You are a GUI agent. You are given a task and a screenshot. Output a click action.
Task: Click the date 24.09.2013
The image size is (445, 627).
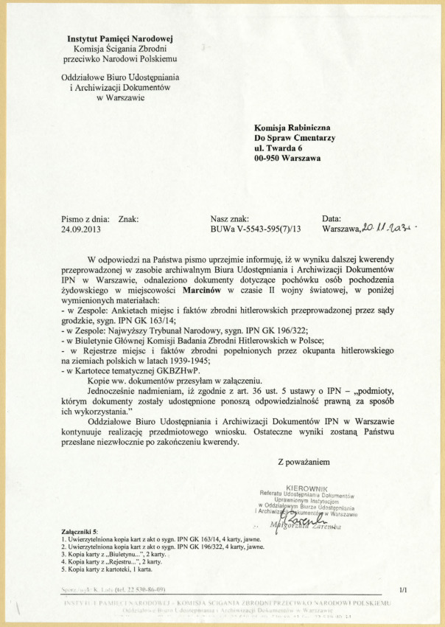point(80,229)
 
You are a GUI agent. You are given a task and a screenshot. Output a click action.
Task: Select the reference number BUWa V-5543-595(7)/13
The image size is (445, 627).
point(256,229)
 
